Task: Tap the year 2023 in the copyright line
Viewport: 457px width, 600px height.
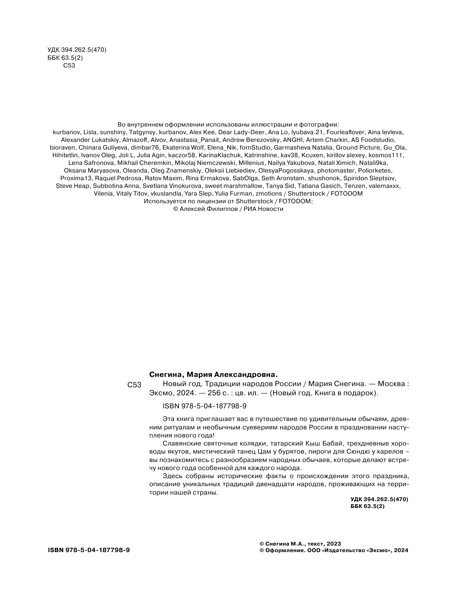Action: pyautogui.click(x=334, y=544)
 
